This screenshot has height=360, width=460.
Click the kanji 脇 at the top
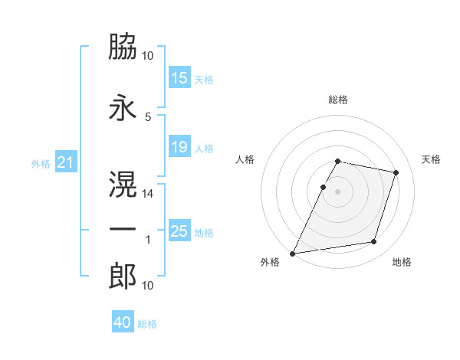click(x=123, y=48)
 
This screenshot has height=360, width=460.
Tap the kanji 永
click(x=123, y=106)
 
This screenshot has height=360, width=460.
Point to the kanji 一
click(x=123, y=230)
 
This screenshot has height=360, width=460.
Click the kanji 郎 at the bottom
click(x=123, y=277)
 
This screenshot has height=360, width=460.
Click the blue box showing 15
click(x=179, y=78)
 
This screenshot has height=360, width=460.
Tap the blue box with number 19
click(x=179, y=147)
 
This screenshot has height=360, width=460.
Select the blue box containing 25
click(x=179, y=231)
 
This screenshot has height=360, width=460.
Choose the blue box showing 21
click(x=64, y=162)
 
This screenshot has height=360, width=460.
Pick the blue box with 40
click(x=123, y=322)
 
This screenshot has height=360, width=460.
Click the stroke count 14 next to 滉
click(x=148, y=194)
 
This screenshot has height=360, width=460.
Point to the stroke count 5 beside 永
click(x=148, y=116)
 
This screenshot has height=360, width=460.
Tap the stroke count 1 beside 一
click(x=148, y=240)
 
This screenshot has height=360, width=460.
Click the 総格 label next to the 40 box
click(x=147, y=324)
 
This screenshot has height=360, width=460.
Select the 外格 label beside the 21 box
click(x=41, y=163)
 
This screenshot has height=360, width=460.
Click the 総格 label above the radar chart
click(x=337, y=100)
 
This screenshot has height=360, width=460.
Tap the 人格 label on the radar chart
click(x=245, y=159)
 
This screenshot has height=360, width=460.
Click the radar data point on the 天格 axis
click(x=396, y=173)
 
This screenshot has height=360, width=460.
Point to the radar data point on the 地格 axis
click(x=374, y=242)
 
